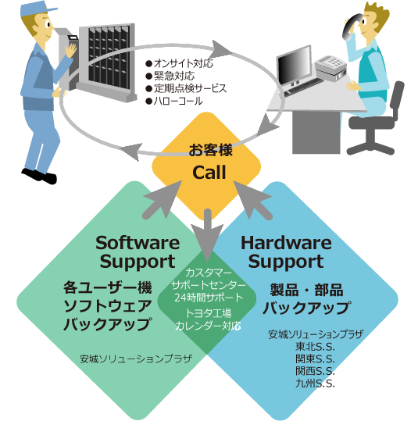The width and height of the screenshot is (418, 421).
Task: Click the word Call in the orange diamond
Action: (209, 172)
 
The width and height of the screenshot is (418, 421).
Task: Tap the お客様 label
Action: (210, 149)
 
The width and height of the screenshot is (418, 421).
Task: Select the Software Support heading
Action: (138, 252)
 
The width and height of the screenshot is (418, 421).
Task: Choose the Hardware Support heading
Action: (286, 252)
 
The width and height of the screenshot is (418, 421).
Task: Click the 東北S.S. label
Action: (315, 347)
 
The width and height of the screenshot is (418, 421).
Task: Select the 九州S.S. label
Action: (315, 384)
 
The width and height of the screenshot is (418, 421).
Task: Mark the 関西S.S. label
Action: (315, 371)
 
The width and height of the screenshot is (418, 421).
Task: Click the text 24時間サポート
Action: (209, 298)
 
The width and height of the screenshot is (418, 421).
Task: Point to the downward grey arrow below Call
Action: (207, 235)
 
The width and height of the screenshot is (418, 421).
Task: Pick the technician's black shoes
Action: (39, 176)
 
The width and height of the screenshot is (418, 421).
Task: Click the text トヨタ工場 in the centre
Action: (209, 313)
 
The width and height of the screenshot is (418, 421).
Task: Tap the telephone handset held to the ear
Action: (350, 27)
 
